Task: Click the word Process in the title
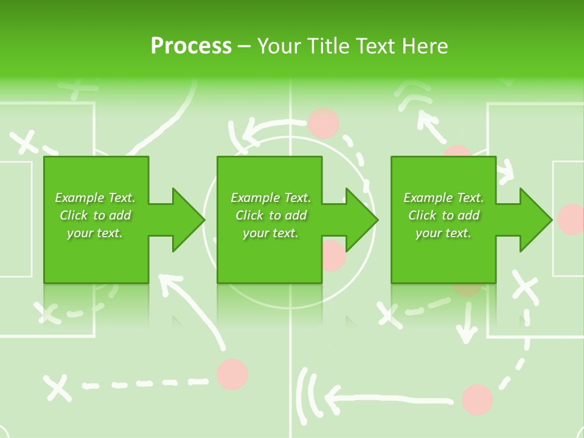[191, 46]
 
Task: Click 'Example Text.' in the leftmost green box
[95, 198]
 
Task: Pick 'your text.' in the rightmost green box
[443, 233]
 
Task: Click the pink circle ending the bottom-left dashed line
[232, 374]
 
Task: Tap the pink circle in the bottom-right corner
[477, 399]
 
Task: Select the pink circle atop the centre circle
[324, 123]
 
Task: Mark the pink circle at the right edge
[571, 219]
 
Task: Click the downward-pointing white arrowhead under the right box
[467, 332]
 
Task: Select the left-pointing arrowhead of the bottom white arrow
[332, 400]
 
